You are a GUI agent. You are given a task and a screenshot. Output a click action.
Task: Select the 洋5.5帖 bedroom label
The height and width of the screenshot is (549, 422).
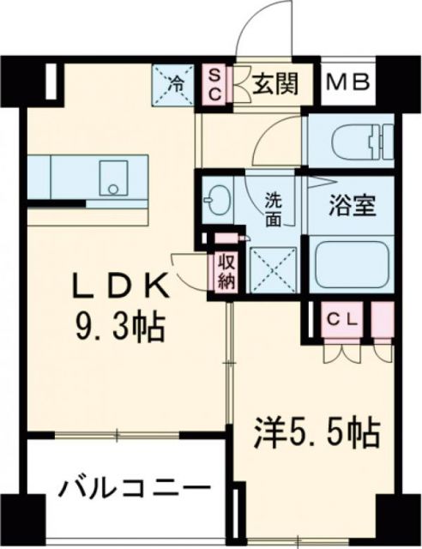tap(318, 434)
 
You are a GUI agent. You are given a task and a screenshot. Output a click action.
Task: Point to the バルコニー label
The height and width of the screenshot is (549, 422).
tap(135, 490)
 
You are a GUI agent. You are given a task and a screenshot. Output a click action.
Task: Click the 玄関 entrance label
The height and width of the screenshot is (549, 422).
tap(275, 84)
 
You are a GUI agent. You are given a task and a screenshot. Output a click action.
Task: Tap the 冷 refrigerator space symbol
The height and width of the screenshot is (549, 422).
tap(175, 85)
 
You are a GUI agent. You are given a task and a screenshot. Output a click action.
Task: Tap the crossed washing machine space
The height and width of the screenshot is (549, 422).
tap(272, 267)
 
